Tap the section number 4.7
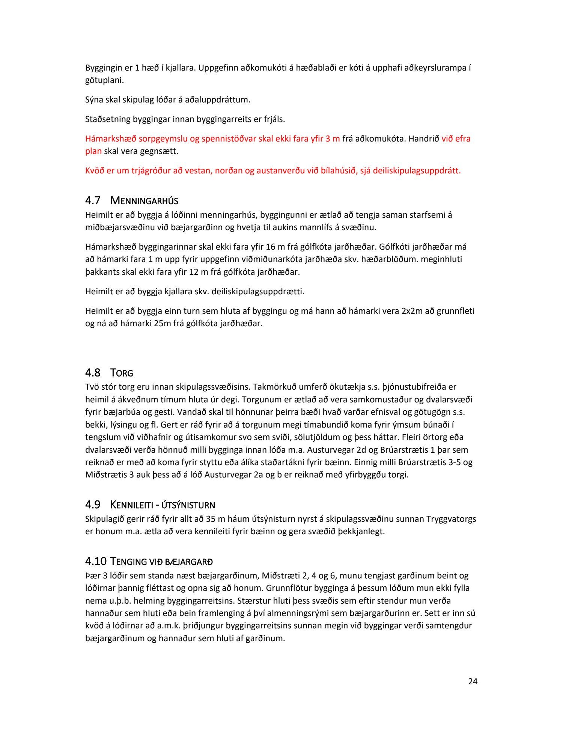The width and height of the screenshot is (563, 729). [93, 201]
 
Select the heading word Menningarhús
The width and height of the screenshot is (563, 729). [145, 201]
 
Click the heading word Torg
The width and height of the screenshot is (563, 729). [122, 373]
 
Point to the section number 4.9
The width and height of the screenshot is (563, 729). [93, 505]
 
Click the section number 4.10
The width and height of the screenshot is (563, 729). [96, 562]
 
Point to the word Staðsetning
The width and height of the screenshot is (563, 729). [108, 119]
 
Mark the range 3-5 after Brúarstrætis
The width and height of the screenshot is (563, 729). [455, 462]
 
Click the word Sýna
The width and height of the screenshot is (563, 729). [94, 100]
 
